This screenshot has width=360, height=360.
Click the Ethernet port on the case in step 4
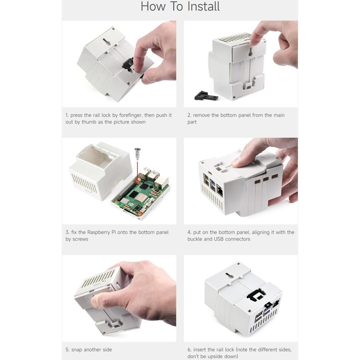(x=220, y=191)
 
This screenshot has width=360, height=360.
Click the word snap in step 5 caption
(x=76, y=350)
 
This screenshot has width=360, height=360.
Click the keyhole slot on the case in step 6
(x=229, y=276)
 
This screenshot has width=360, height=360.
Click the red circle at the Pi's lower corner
(x=140, y=214)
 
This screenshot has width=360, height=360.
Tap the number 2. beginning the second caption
(x=189, y=115)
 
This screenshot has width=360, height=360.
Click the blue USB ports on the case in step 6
(x=267, y=311)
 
